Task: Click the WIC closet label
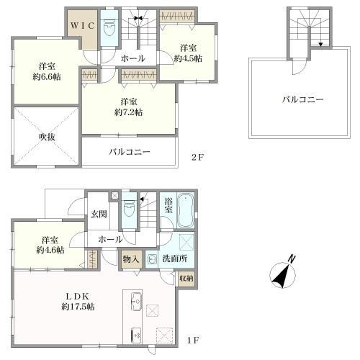[x=82, y=26]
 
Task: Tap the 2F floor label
[x=197, y=157]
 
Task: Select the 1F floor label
[x=193, y=341]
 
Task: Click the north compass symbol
[x=283, y=275]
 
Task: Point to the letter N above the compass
[x=292, y=259]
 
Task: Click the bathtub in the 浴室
[x=185, y=210]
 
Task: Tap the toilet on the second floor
[x=109, y=28]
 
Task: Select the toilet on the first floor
[x=129, y=209]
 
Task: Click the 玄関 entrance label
[x=99, y=214]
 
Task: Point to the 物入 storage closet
[x=131, y=259]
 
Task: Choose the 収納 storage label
[x=186, y=279]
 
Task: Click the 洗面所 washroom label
[x=175, y=258]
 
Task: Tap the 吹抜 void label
[x=47, y=137]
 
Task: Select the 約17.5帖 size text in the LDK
[x=78, y=307]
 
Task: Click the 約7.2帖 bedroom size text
[x=129, y=112]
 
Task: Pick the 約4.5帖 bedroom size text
[x=188, y=58]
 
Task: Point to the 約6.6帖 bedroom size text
[x=47, y=76]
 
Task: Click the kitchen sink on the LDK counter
[x=136, y=302]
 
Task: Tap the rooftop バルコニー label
[x=303, y=99]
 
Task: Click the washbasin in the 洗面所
[x=152, y=259]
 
